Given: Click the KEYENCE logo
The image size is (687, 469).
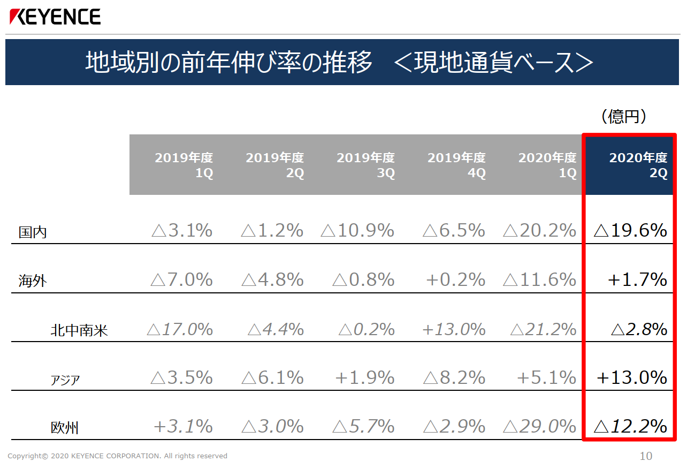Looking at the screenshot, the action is tap(55, 17).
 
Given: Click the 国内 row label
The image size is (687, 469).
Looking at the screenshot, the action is tap(33, 232).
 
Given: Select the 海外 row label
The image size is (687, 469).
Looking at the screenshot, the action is tap(33, 281).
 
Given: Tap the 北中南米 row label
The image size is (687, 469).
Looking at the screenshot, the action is tap(79, 330).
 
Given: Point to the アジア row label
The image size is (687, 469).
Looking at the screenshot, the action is tap(65, 380).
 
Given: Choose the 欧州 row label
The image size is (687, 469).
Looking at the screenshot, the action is tap(65, 428).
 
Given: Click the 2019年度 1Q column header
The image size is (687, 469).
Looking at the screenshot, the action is tap(184, 165).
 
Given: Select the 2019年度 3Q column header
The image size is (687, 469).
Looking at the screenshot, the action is tap(366, 165).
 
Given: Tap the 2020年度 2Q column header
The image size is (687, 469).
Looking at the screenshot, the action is tap(638, 165).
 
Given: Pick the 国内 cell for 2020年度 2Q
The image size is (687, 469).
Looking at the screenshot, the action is tap(630, 230).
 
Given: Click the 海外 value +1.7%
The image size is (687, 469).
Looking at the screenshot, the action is tap(637, 279).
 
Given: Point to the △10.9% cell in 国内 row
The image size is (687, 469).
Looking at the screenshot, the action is tap(357, 230).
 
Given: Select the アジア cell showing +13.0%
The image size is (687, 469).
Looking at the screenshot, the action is tap(632, 377).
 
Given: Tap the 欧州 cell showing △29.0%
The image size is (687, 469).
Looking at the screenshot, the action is tap(540, 426).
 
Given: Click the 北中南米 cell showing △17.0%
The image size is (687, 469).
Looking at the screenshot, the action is tap(180, 329).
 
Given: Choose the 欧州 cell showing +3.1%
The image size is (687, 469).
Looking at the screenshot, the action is tap(183, 426).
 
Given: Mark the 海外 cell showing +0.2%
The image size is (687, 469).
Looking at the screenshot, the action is tap(456, 279).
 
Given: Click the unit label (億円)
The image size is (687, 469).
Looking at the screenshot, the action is tap(624, 116).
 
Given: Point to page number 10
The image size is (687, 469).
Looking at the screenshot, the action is tap(646, 456).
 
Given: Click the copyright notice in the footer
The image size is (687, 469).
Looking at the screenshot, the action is tap(118, 456).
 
